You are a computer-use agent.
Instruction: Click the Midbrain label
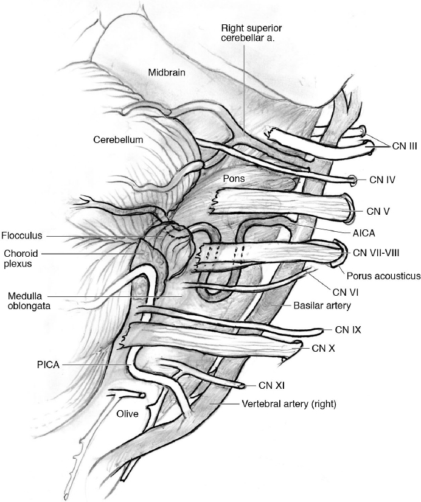(167, 72)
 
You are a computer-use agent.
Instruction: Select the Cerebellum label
(118, 139)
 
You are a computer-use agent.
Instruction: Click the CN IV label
(383, 180)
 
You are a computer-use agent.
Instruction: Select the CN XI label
(271, 385)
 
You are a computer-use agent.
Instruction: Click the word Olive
(128, 414)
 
